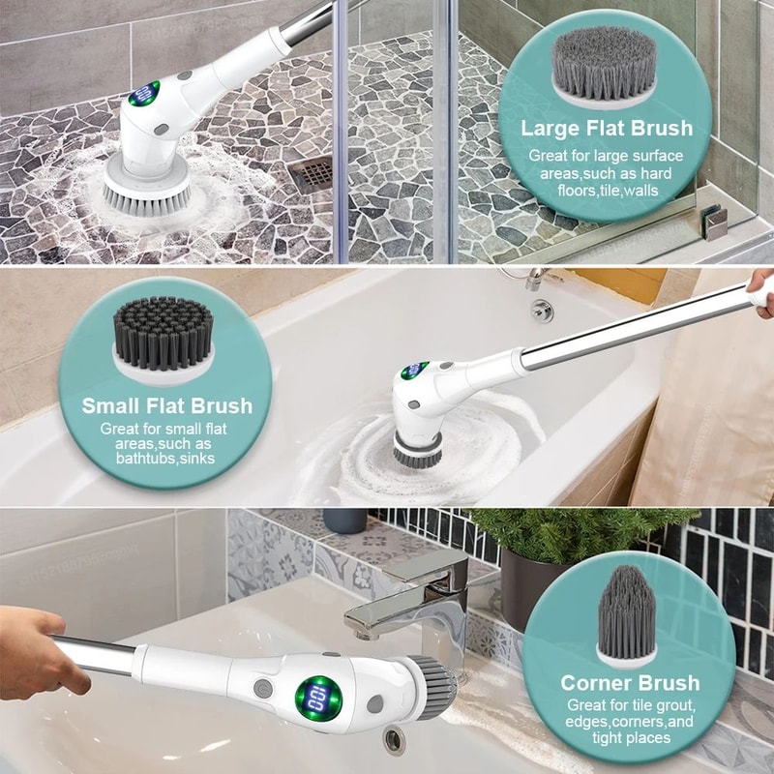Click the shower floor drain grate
point(311,173)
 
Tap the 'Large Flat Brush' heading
point(607,128)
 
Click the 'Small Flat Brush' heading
point(166,405)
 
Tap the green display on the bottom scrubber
point(313,696)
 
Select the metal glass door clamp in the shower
point(715,223)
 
